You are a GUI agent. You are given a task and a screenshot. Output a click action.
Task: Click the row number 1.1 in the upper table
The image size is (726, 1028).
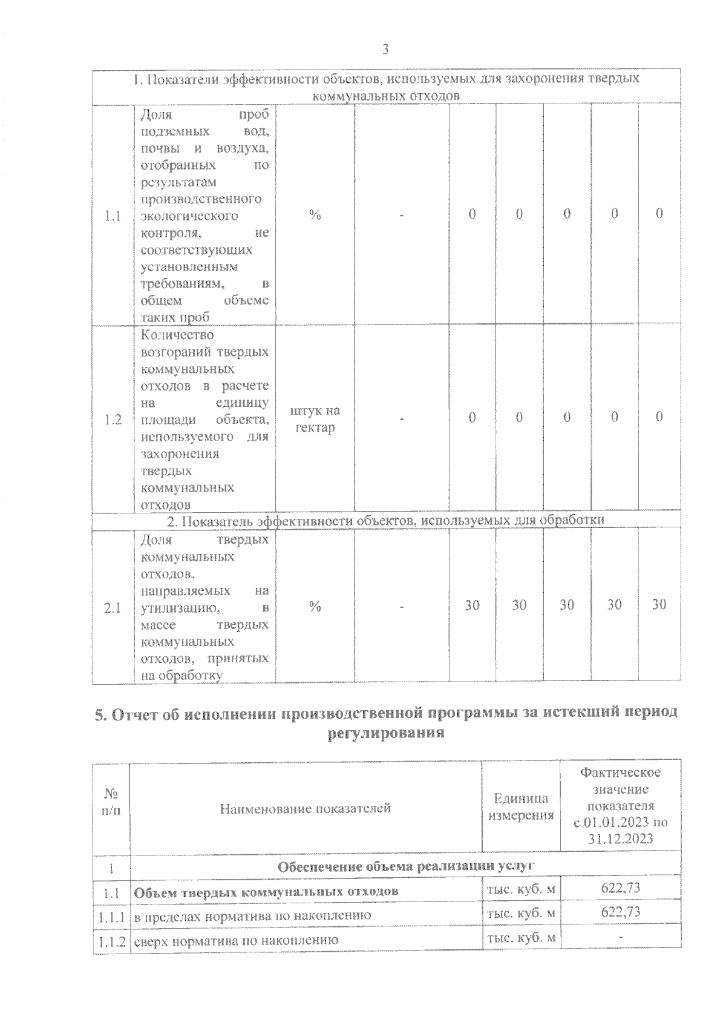point(113,216)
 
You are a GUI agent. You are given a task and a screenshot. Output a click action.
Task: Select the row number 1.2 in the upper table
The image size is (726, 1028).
point(113,419)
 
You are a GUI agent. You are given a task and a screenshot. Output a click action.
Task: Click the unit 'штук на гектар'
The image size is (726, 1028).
point(315,419)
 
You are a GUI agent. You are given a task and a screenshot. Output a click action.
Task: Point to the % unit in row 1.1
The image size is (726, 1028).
point(315,215)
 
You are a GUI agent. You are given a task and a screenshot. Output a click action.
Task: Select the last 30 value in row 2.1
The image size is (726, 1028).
point(659,604)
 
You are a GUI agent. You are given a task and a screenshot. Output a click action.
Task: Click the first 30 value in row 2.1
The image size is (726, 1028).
point(472,604)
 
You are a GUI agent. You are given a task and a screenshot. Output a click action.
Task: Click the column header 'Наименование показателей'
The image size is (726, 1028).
point(305,808)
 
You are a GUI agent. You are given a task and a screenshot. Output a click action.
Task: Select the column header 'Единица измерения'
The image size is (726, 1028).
point(521,806)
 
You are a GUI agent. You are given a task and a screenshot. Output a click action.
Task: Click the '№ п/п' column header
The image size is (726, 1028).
point(111,801)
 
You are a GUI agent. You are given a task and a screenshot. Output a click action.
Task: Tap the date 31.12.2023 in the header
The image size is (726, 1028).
point(620,839)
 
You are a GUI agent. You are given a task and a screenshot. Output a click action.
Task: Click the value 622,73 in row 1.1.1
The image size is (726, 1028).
point(620,912)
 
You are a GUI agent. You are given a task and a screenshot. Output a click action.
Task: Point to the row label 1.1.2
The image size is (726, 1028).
point(112,940)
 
